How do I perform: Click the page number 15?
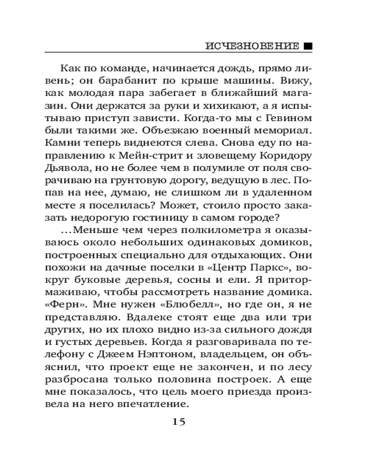pyautogui.click(x=179, y=422)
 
